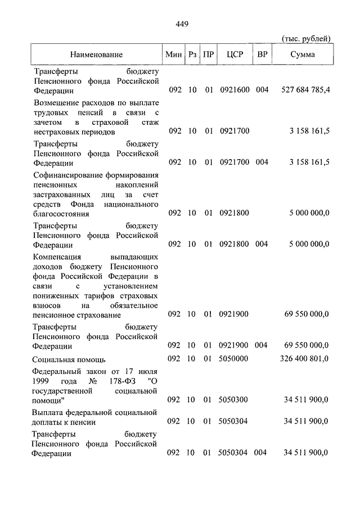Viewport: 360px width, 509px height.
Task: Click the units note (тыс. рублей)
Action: [x=306, y=38]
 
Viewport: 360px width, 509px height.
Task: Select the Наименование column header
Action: [x=96, y=55]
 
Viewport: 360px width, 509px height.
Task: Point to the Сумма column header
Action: [x=303, y=55]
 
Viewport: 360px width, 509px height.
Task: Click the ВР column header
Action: [x=262, y=55]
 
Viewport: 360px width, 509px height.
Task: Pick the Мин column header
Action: [x=174, y=55]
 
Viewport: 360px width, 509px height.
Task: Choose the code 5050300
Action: [x=233, y=400]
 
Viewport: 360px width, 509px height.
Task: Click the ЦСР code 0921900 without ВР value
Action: [x=233, y=314]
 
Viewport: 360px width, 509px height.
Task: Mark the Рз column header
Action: [x=192, y=55]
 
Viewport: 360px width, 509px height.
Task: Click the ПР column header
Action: [x=208, y=55]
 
